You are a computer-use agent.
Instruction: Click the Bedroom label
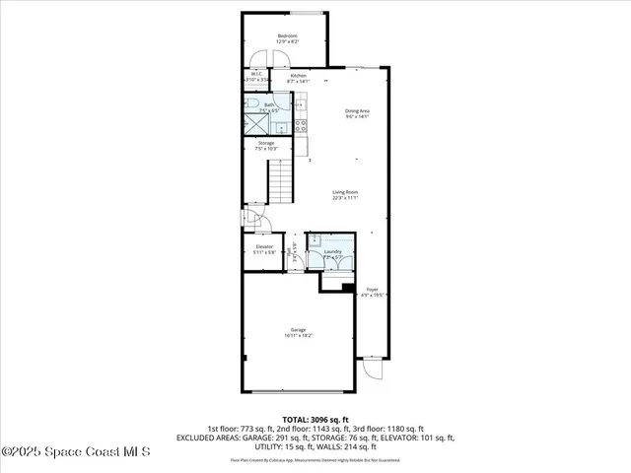point(287,36)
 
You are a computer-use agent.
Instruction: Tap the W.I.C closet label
point(255,74)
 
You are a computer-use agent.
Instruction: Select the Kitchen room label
point(298,75)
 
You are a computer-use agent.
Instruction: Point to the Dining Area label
point(357,111)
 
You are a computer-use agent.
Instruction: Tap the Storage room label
point(266,144)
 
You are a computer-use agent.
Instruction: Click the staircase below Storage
point(282,181)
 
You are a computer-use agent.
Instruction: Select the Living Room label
point(344,193)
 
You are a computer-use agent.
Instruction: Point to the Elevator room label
point(264,246)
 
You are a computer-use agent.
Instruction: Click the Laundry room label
point(332,252)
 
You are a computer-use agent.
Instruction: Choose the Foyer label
point(373,290)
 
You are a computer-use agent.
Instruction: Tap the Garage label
point(298,329)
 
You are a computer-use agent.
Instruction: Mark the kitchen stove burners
point(300,124)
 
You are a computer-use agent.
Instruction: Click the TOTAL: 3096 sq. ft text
point(315,420)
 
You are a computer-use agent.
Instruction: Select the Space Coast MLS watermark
point(76,451)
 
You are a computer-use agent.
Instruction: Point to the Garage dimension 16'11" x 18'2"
point(298,335)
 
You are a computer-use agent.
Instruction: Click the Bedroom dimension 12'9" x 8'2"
point(287,42)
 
